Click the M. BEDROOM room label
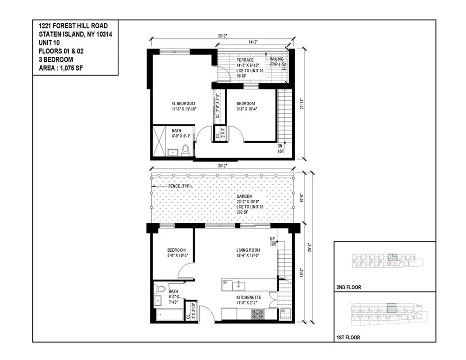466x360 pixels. point(182,103)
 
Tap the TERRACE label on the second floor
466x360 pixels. point(245,60)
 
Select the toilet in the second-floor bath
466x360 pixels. point(185,150)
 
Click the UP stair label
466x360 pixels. point(272,239)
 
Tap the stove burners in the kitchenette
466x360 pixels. point(258,314)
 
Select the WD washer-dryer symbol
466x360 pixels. point(284,313)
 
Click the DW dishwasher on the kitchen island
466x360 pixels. point(225,283)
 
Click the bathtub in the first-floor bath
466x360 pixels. point(169,314)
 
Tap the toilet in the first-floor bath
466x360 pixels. point(159,289)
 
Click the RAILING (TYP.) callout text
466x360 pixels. point(276,61)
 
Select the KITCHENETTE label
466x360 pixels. point(249,297)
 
